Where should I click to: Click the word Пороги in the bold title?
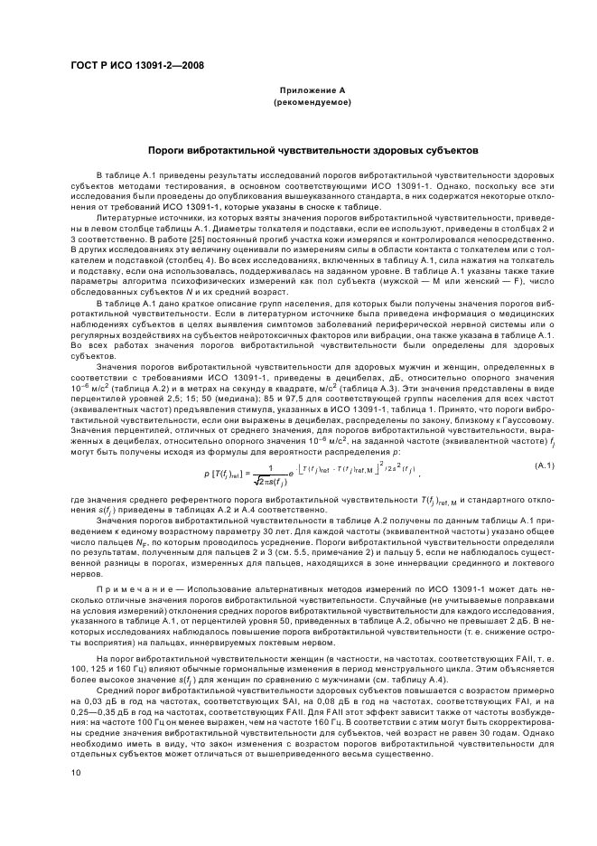click(x=169, y=149)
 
